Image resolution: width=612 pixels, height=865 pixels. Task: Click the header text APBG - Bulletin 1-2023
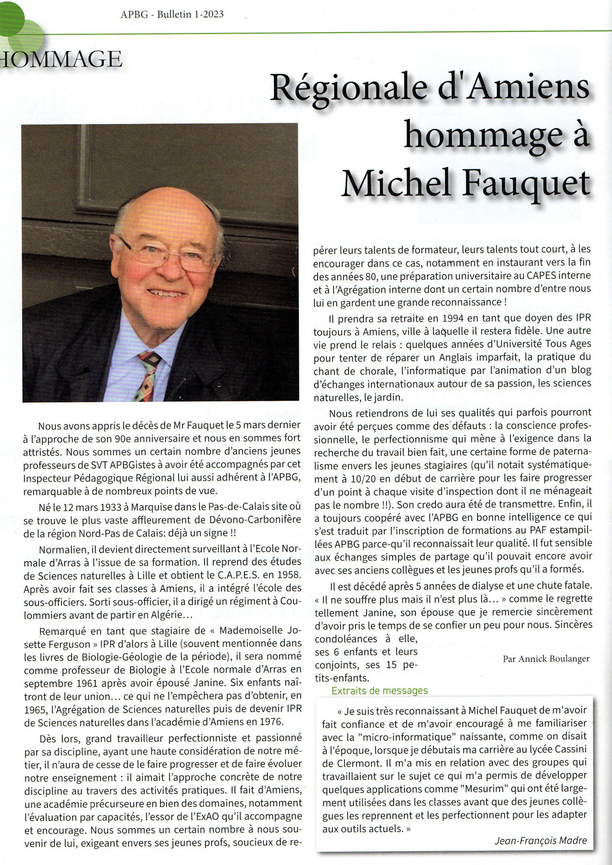coord(172,14)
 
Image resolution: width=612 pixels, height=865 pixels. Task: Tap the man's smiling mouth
coord(165,293)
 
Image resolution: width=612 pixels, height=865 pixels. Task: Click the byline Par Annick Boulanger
coord(546,658)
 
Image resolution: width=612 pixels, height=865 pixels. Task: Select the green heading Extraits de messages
coord(380,690)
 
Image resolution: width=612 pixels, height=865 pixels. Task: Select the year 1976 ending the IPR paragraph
coord(272,721)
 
